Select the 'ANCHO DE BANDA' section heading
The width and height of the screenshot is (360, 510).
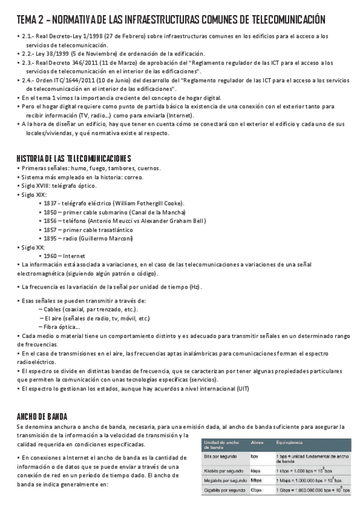tap(42, 416)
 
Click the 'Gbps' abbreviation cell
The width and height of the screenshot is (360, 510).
tap(256, 491)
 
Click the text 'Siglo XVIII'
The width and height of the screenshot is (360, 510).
tap(35, 186)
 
